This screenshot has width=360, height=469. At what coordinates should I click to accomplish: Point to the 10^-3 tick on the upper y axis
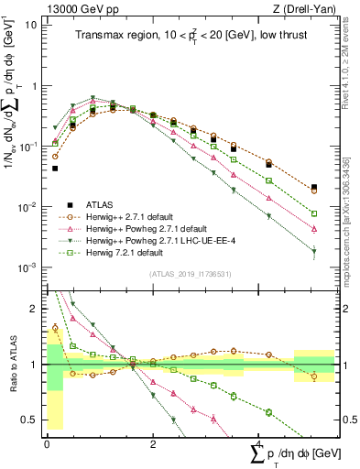click(x=28, y=267)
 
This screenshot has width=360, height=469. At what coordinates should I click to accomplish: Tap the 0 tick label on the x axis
click(x=47, y=443)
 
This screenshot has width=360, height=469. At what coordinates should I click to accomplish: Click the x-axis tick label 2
click(x=153, y=443)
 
